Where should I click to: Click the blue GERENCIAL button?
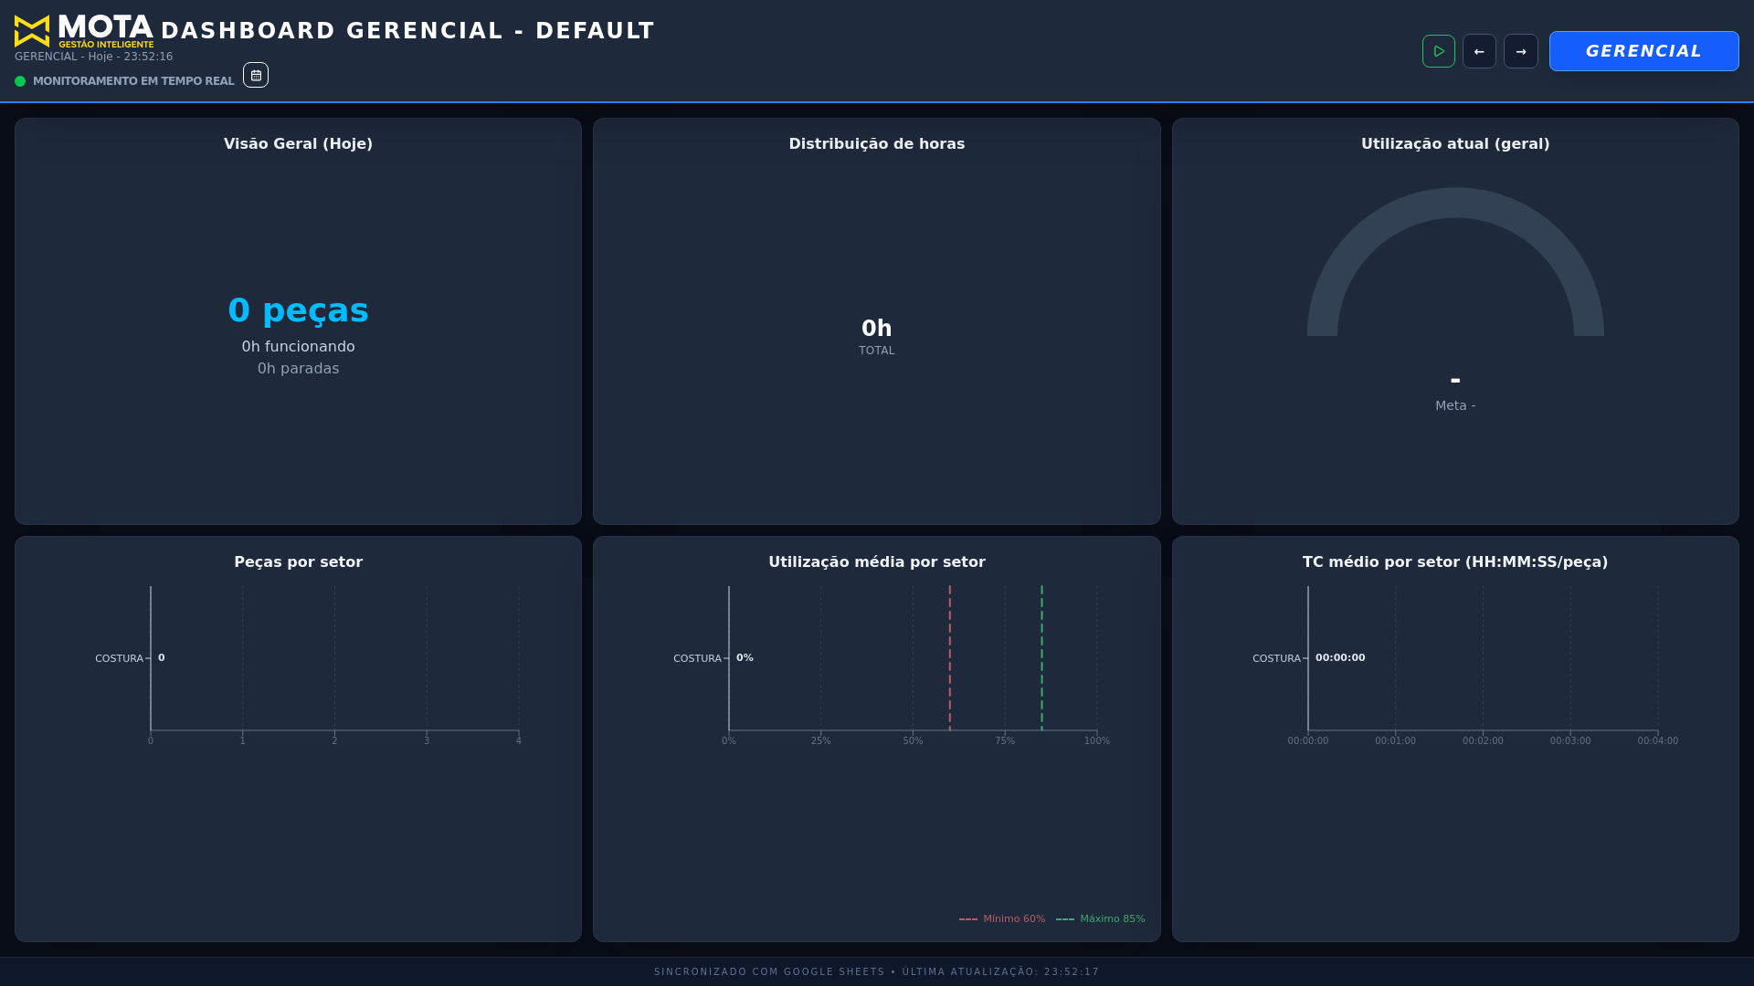[x=1643, y=51]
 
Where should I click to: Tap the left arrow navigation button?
[x=1479, y=51]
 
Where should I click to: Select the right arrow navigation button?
[x=1521, y=51]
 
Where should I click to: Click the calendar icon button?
[x=256, y=75]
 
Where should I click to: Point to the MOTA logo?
[x=84, y=31]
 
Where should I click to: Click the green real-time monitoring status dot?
[x=20, y=81]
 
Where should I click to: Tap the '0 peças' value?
[x=298, y=310]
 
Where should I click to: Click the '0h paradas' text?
[x=298, y=369]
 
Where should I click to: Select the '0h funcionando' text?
[x=298, y=347]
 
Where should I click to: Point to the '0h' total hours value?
[x=876, y=329]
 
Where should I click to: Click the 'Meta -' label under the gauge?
[x=1455, y=406]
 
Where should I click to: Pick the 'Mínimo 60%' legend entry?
[x=1003, y=919]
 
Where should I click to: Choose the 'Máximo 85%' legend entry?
[x=1101, y=919]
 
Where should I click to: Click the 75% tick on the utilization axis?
[x=1005, y=740]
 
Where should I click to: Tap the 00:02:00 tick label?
[x=1483, y=741]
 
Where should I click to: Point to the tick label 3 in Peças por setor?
[x=427, y=740]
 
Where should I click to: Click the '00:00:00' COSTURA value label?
[x=1340, y=658]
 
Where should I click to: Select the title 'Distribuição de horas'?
[x=876, y=144]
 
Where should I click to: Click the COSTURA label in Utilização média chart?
[x=697, y=659]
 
